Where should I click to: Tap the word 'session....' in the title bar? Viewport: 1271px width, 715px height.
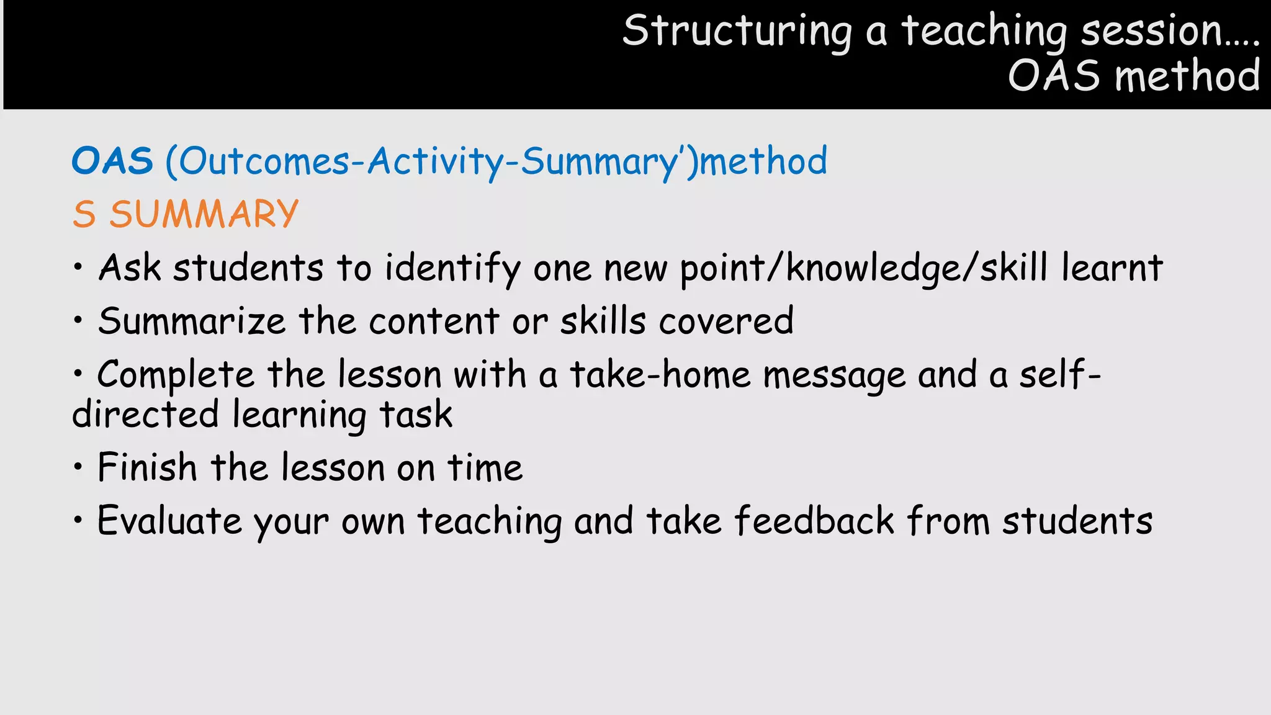point(1170,31)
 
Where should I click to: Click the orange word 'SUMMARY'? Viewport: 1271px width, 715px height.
point(204,214)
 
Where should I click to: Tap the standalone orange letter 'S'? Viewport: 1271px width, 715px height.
point(84,215)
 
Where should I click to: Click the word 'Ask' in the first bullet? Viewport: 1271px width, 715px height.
point(130,268)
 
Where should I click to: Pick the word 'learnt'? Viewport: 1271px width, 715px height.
point(1112,268)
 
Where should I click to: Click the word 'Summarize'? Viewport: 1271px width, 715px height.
point(192,322)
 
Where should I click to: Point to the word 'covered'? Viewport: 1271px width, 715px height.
point(726,322)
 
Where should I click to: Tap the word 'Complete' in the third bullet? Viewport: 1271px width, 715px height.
point(176,375)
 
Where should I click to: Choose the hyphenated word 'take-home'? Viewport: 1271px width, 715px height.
point(660,375)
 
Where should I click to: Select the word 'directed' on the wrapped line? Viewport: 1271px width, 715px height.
point(145,415)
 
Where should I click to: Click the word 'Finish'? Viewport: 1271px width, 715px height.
point(147,467)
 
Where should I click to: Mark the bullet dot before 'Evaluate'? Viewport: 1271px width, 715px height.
point(78,520)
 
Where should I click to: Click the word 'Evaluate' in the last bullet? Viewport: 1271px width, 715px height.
point(169,521)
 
